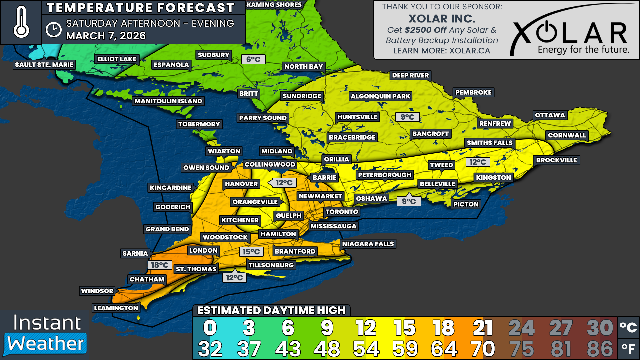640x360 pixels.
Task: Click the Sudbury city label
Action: point(213,55)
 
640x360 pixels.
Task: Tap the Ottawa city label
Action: point(550,115)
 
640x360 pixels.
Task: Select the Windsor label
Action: point(97,291)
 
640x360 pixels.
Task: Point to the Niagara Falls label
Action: point(368,244)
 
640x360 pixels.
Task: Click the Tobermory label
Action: point(199,124)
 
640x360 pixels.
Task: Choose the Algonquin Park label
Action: point(380,96)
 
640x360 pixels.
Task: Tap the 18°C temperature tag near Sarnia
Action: point(160,265)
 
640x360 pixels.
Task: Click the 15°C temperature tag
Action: point(251,252)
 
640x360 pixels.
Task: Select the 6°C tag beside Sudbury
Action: point(253,59)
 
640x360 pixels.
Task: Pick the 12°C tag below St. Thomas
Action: point(234,278)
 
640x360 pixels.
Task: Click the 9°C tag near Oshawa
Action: point(409,201)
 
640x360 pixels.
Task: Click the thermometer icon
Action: point(21,22)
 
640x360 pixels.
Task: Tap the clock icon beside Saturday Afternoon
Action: point(53,30)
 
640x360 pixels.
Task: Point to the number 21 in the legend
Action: point(483,328)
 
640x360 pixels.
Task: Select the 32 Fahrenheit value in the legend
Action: point(210,349)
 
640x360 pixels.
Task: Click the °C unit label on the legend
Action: point(628,327)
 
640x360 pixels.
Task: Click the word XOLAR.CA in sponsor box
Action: point(470,51)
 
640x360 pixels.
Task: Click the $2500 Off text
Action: point(425,30)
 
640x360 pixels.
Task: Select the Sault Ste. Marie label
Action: point(44,65)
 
